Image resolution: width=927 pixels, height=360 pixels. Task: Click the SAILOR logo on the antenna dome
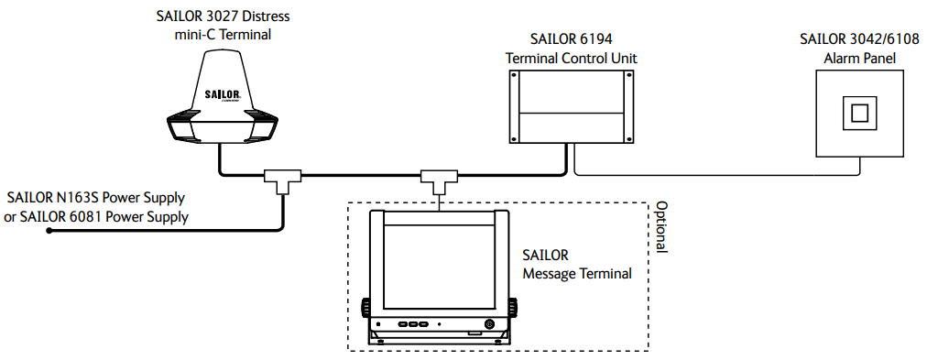(x=222, y=94)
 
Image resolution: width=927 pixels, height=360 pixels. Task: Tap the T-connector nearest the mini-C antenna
(x=283, y=181)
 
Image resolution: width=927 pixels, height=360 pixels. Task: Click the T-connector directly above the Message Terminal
(x=438, y=181)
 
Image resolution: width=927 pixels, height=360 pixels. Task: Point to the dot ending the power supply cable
(x=49, y=232)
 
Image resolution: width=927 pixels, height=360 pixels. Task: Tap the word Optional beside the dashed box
(x=661, y=227)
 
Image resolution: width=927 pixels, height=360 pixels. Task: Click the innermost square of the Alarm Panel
(x=859, y=113)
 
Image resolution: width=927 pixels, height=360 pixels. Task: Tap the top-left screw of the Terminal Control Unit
(x=514, y=76)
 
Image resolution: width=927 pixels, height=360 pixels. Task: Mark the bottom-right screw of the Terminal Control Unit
(x=628, y=139)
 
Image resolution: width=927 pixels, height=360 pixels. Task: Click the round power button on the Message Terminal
(x=489, y=324)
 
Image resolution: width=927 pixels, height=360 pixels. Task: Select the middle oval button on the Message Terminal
(x=413, y=324)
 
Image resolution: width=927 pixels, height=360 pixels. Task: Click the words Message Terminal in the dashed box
(x=577, y=274)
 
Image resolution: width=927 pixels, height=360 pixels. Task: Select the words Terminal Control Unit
(x=571, y=59)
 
